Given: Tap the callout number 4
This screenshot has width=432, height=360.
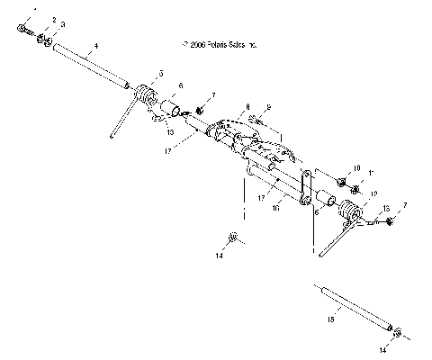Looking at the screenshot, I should click(95, 43).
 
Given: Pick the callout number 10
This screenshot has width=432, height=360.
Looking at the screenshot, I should click(356, 168).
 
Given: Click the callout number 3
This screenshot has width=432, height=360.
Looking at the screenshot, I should click(63, 23).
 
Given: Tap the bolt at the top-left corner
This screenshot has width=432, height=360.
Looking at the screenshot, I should click(23, 29).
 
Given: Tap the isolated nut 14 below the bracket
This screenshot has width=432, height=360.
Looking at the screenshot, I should click(233, 238).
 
